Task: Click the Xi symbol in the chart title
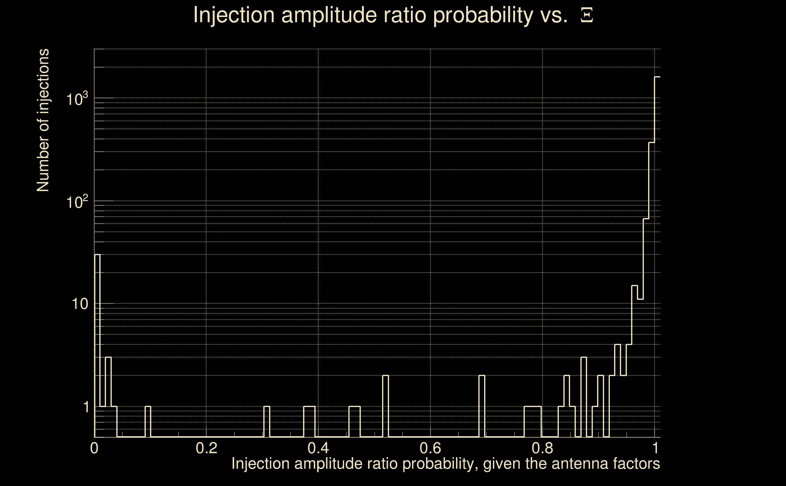click(587, 15)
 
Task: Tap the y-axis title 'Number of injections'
click(43, 120)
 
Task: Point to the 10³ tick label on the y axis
click(77, 99)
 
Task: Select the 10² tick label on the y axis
click(77, 202)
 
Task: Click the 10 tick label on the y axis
click(80, 304)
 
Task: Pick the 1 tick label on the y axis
click(86, 407)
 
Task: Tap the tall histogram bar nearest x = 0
click(97, 346)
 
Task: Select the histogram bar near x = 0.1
click(148, 422)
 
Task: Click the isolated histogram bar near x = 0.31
click(267, 422)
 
